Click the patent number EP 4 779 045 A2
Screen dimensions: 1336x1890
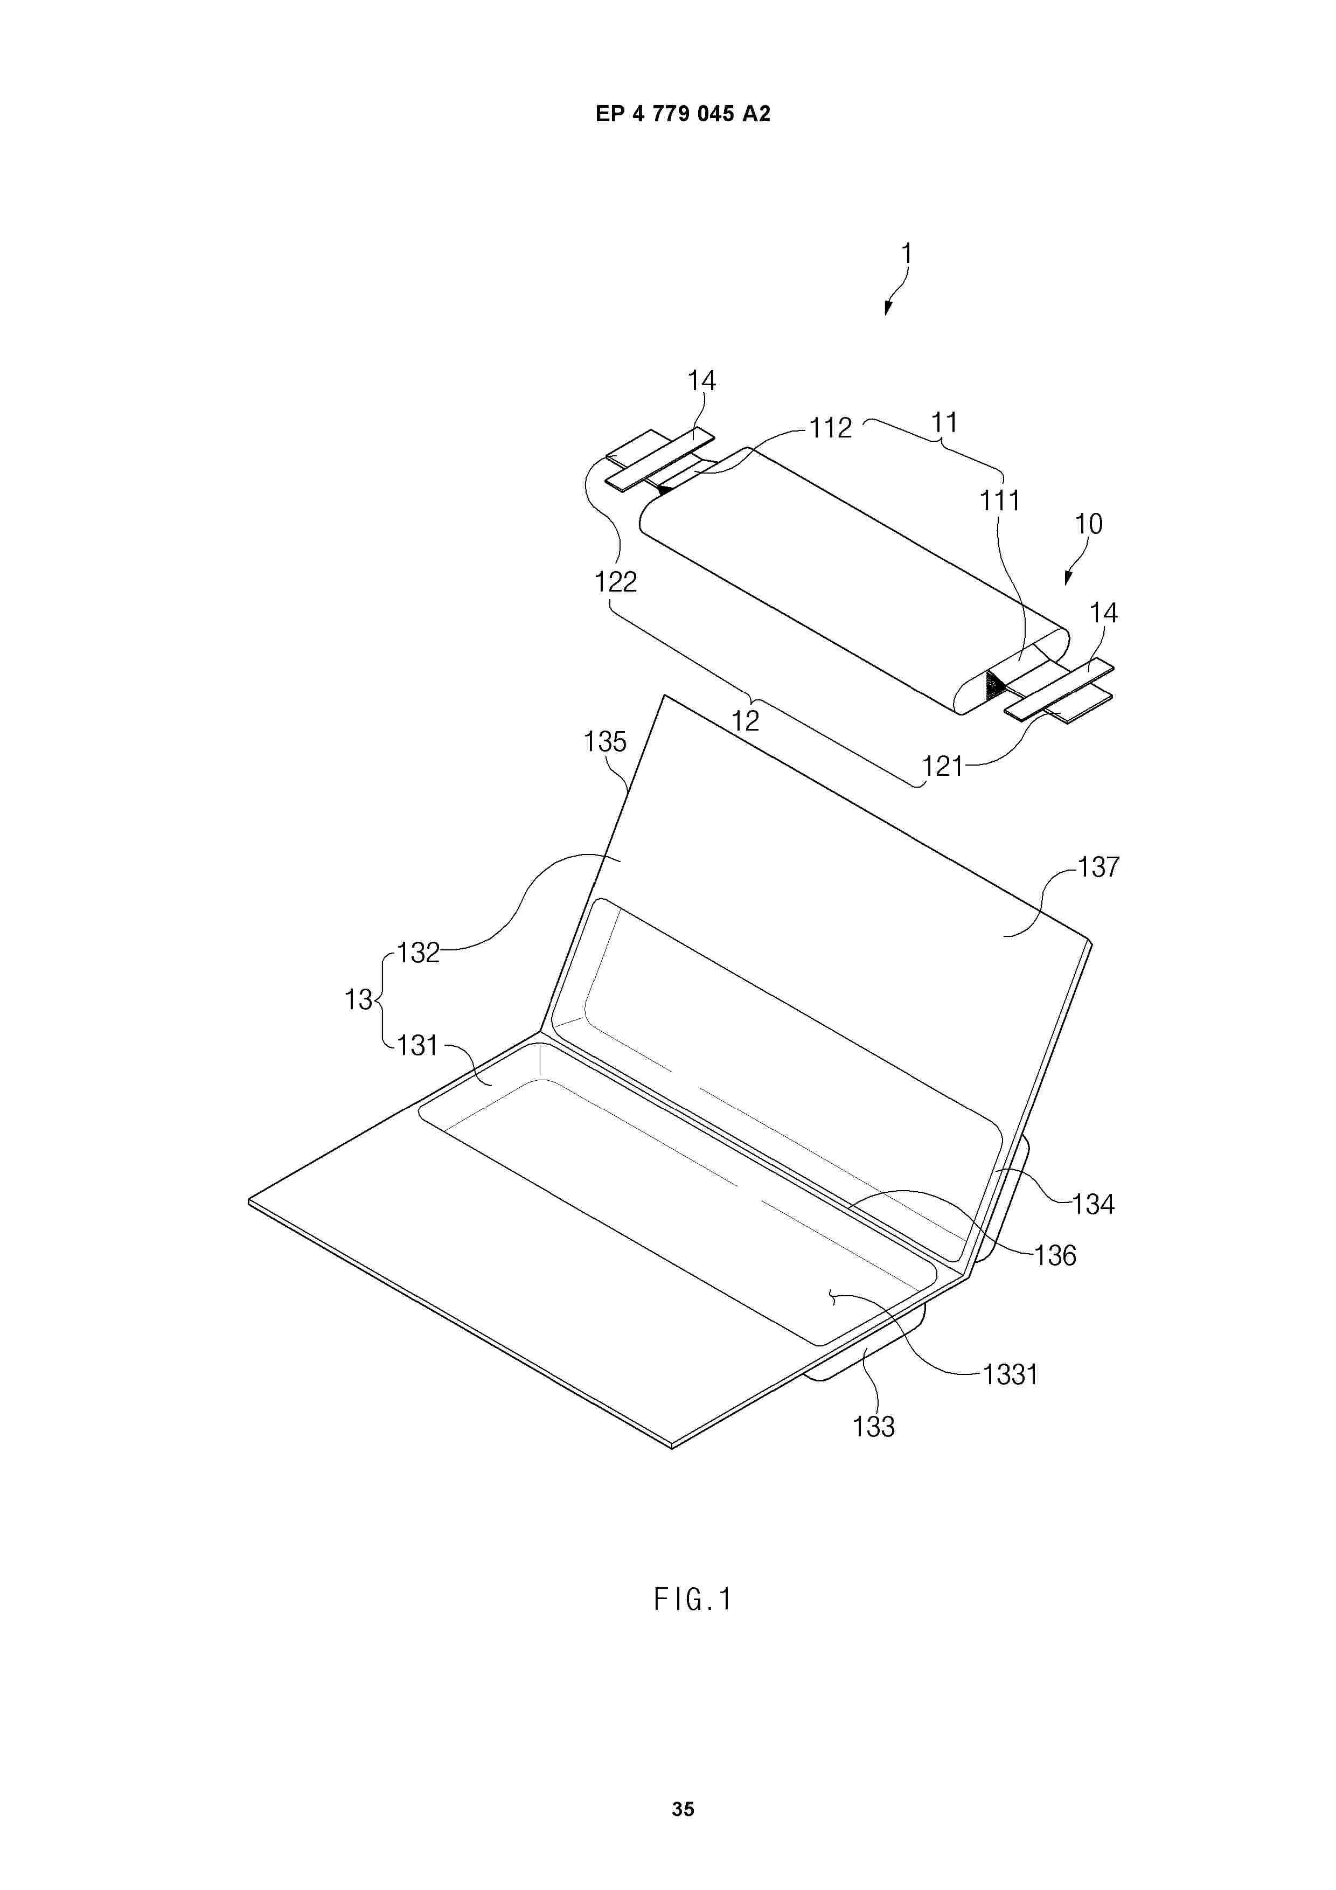tap(683, 114)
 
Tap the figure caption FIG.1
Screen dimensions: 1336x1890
tap(692, 1600)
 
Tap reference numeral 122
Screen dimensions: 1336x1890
tap(616, 582)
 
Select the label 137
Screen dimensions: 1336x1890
tap(1099, 867)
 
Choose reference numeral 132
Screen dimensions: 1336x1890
tap(419, 953)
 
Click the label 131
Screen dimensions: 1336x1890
tap(417, 1045)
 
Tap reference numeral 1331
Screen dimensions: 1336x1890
tap(1010, 1374)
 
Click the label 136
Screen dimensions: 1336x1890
tap(1055, 1255)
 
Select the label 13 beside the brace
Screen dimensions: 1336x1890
tap(358, 999)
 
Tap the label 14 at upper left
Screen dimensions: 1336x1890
tap(701, 380)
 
